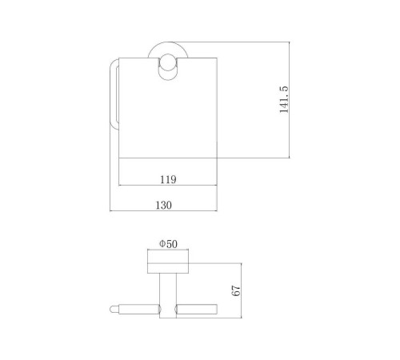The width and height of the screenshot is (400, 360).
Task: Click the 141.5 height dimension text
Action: pyautogui.click(x=284, y=99)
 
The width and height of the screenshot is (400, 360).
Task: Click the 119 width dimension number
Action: pyautogui.click(x=168, y=179)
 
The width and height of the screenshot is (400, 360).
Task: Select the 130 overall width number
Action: pyautogui.click(x=163, y=206)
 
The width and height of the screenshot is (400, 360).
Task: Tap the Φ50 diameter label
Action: pyautogui.click(x=168, y=244)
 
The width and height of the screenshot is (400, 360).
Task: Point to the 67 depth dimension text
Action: pyautogui.click(x=236, y=290)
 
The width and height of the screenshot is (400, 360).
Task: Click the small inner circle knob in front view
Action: pyautogui.click(x=168, y=62)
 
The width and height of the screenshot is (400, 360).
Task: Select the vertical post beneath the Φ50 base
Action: pyautogui.click(x=168, y=295)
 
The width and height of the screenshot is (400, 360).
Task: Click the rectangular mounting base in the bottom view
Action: pyautogui.click(x=168, y=262)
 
